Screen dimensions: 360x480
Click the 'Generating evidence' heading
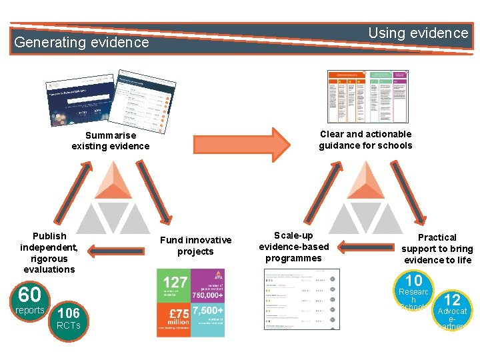[x=81, y=42]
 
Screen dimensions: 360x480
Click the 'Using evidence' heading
[x=418, y=33]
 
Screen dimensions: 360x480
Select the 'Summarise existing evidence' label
[x=111, y=141]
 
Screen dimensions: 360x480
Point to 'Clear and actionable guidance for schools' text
[x=365, y=139]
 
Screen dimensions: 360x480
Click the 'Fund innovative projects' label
[x=195, y=245]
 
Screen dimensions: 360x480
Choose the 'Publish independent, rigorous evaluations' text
[x=49, y=252]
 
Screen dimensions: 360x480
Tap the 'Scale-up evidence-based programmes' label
[x=294, y=247]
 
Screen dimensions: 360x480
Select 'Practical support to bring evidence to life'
[x=437, y=248]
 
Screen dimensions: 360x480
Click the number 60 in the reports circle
[x=29, y=294]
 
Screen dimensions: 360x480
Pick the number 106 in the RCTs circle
[x=69, y=313]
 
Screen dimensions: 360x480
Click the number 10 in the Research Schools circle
[x=414, y=281]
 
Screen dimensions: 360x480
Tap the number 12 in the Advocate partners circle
[x=452, y=300]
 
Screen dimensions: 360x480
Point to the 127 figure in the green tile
[x=175, y=283]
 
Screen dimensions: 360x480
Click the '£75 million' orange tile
[x=174, y=319]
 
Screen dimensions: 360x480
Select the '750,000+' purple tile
[x=207, y=285]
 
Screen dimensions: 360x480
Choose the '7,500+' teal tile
[x=207, y=319]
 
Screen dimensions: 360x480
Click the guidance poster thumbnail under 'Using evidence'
[x=368, y=97]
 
